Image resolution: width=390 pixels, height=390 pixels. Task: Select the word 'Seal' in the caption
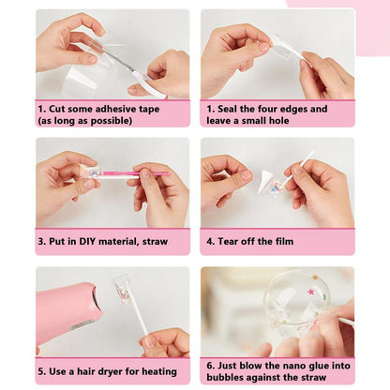point(227,109)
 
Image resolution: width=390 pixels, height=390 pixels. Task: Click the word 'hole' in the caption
point(278,121)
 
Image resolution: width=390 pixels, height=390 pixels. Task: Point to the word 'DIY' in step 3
point(87,241)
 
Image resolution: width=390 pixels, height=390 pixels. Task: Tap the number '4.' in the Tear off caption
point(210,241)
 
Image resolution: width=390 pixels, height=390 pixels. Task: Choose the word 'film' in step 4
point(284,241)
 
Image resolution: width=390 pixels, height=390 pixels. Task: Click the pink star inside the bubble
point(311,292)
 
